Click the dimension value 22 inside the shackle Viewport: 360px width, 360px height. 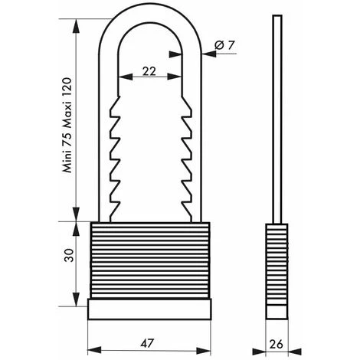click(x=149, y=71)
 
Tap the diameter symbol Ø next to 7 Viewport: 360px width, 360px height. click(x=219, y=46)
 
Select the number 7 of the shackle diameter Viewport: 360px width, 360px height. click(x=231, y=46)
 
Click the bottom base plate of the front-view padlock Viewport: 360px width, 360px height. click(x=150, y=307)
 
